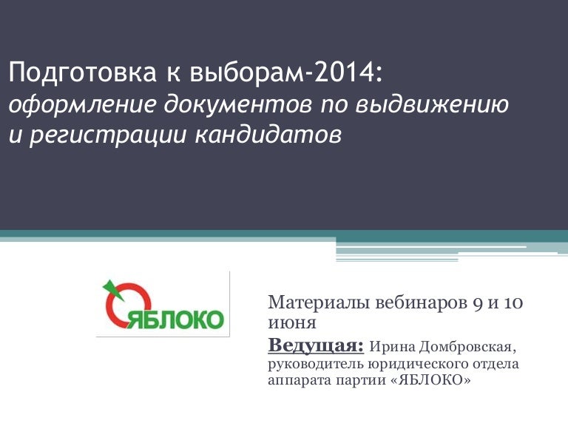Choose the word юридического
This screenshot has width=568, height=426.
[415, 364]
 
